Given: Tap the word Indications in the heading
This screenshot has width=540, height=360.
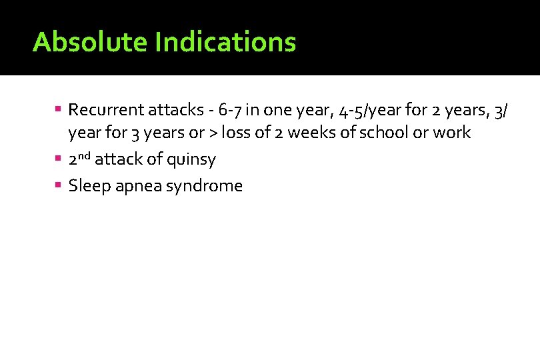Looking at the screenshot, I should coord(225,42).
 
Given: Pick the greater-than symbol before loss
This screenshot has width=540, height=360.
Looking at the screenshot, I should coord(213,133).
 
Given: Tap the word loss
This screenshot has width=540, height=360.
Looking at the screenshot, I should coord(235,133).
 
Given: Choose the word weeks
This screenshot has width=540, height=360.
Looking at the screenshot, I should coord(316,133).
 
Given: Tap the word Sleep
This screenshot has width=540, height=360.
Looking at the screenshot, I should coord(90,186).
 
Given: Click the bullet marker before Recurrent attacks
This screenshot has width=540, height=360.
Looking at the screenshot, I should coord(59,108).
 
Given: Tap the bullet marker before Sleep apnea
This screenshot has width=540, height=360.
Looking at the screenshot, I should coord(59,185).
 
